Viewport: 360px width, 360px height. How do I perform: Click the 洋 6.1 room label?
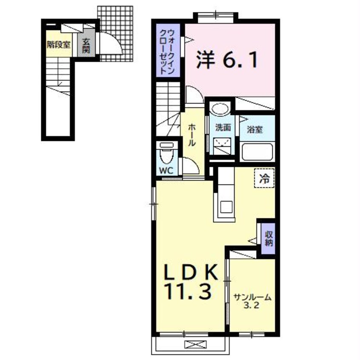pyautogui.click(x=226, y=60)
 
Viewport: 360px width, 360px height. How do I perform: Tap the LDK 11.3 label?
pyautogui.click(x=190, y=281)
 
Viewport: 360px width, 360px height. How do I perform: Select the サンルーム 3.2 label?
pyautogui.click(x=252, y=301)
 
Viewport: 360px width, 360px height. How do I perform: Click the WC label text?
pyautogui.click(x=166, y=171)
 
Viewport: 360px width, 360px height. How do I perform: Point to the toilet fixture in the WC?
pyautogui.click(x=167, y=153)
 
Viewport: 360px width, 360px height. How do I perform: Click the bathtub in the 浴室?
pyautogui.click(x=257, y=152)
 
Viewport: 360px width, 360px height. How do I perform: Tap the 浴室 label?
pyautogui.click(x=254, y=130)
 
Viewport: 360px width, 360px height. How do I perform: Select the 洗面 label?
pyautogui.click(x=223, y=128)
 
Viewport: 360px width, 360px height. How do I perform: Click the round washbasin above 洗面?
pyautogui.click(x=220, y=109)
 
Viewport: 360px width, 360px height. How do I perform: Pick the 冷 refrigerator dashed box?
pyautogui.click(x=264, y=178)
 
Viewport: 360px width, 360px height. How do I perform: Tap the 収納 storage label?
pyautogui.click(x=269, y=239)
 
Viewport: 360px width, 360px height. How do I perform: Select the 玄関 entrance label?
pyautogui.click(x=86, y=46)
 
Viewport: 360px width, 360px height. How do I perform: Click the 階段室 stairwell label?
pyautogui.click(x=59, y=45)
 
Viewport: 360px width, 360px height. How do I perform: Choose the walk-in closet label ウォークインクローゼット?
pyautogui.click(x=168, y=51)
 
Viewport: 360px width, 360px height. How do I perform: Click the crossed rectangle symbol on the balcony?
pyautogui.click(x=195, y=344)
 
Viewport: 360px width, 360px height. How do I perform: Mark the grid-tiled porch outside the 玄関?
pyautogui.click(x=115, y=34)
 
